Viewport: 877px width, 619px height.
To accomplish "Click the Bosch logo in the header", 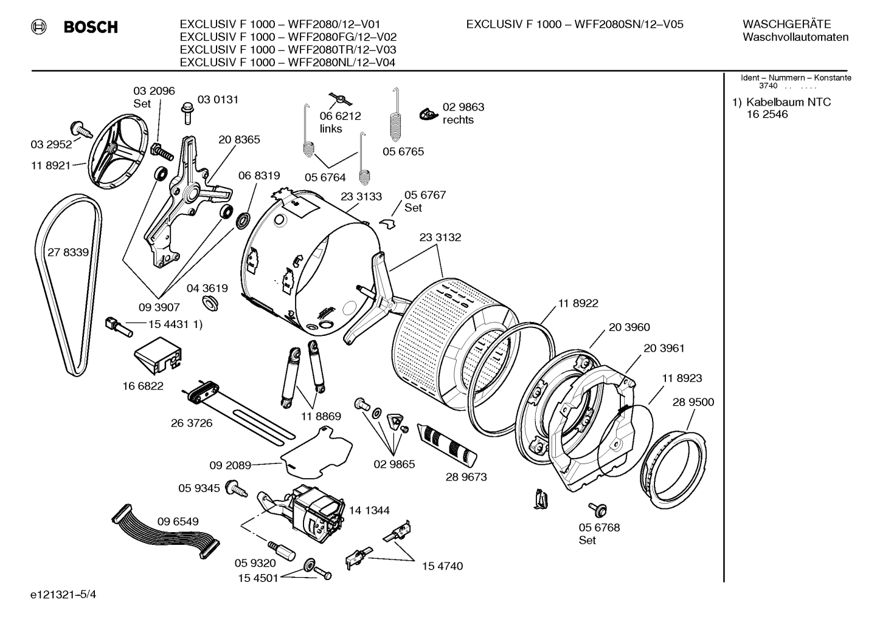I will click(x=77, y=27).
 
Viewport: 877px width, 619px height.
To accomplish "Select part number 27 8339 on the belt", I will click(x=68, y=252).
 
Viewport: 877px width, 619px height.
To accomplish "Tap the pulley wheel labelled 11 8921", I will click(x=119, y=151).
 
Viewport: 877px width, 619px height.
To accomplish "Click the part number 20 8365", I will click(x=239, y=140).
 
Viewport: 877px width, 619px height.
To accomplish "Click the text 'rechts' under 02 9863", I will click(x=458, y=120).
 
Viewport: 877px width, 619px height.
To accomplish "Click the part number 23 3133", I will click(x=361, y=196).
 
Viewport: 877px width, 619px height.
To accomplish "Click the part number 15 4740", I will click(x=442, y=566).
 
